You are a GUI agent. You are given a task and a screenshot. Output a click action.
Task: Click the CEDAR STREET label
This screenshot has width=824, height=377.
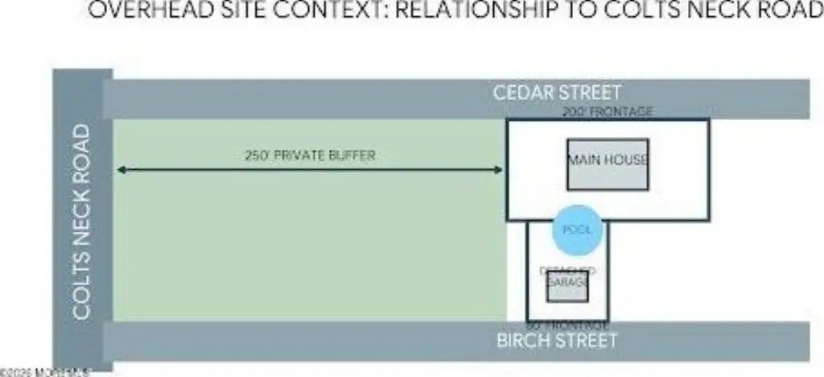click(557, 92)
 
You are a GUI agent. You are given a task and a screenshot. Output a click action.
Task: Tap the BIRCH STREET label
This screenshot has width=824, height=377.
click(556, 339)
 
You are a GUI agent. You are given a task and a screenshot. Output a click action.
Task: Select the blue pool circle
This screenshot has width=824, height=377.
click(577, 230)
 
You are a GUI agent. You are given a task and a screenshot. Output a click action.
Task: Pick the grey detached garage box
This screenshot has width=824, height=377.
click(567, 288)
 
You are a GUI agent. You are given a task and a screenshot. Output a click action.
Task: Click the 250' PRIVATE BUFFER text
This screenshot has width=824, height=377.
click(310, 155)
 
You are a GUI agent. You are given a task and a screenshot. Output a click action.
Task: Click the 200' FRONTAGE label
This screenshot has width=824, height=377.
click(608, 112)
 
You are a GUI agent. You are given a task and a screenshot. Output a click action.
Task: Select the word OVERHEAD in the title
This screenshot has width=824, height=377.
click(137, 11)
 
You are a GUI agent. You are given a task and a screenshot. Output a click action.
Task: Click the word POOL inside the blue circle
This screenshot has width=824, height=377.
click(577, 230)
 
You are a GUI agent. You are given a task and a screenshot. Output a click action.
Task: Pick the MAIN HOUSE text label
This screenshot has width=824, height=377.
click(608, 159)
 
